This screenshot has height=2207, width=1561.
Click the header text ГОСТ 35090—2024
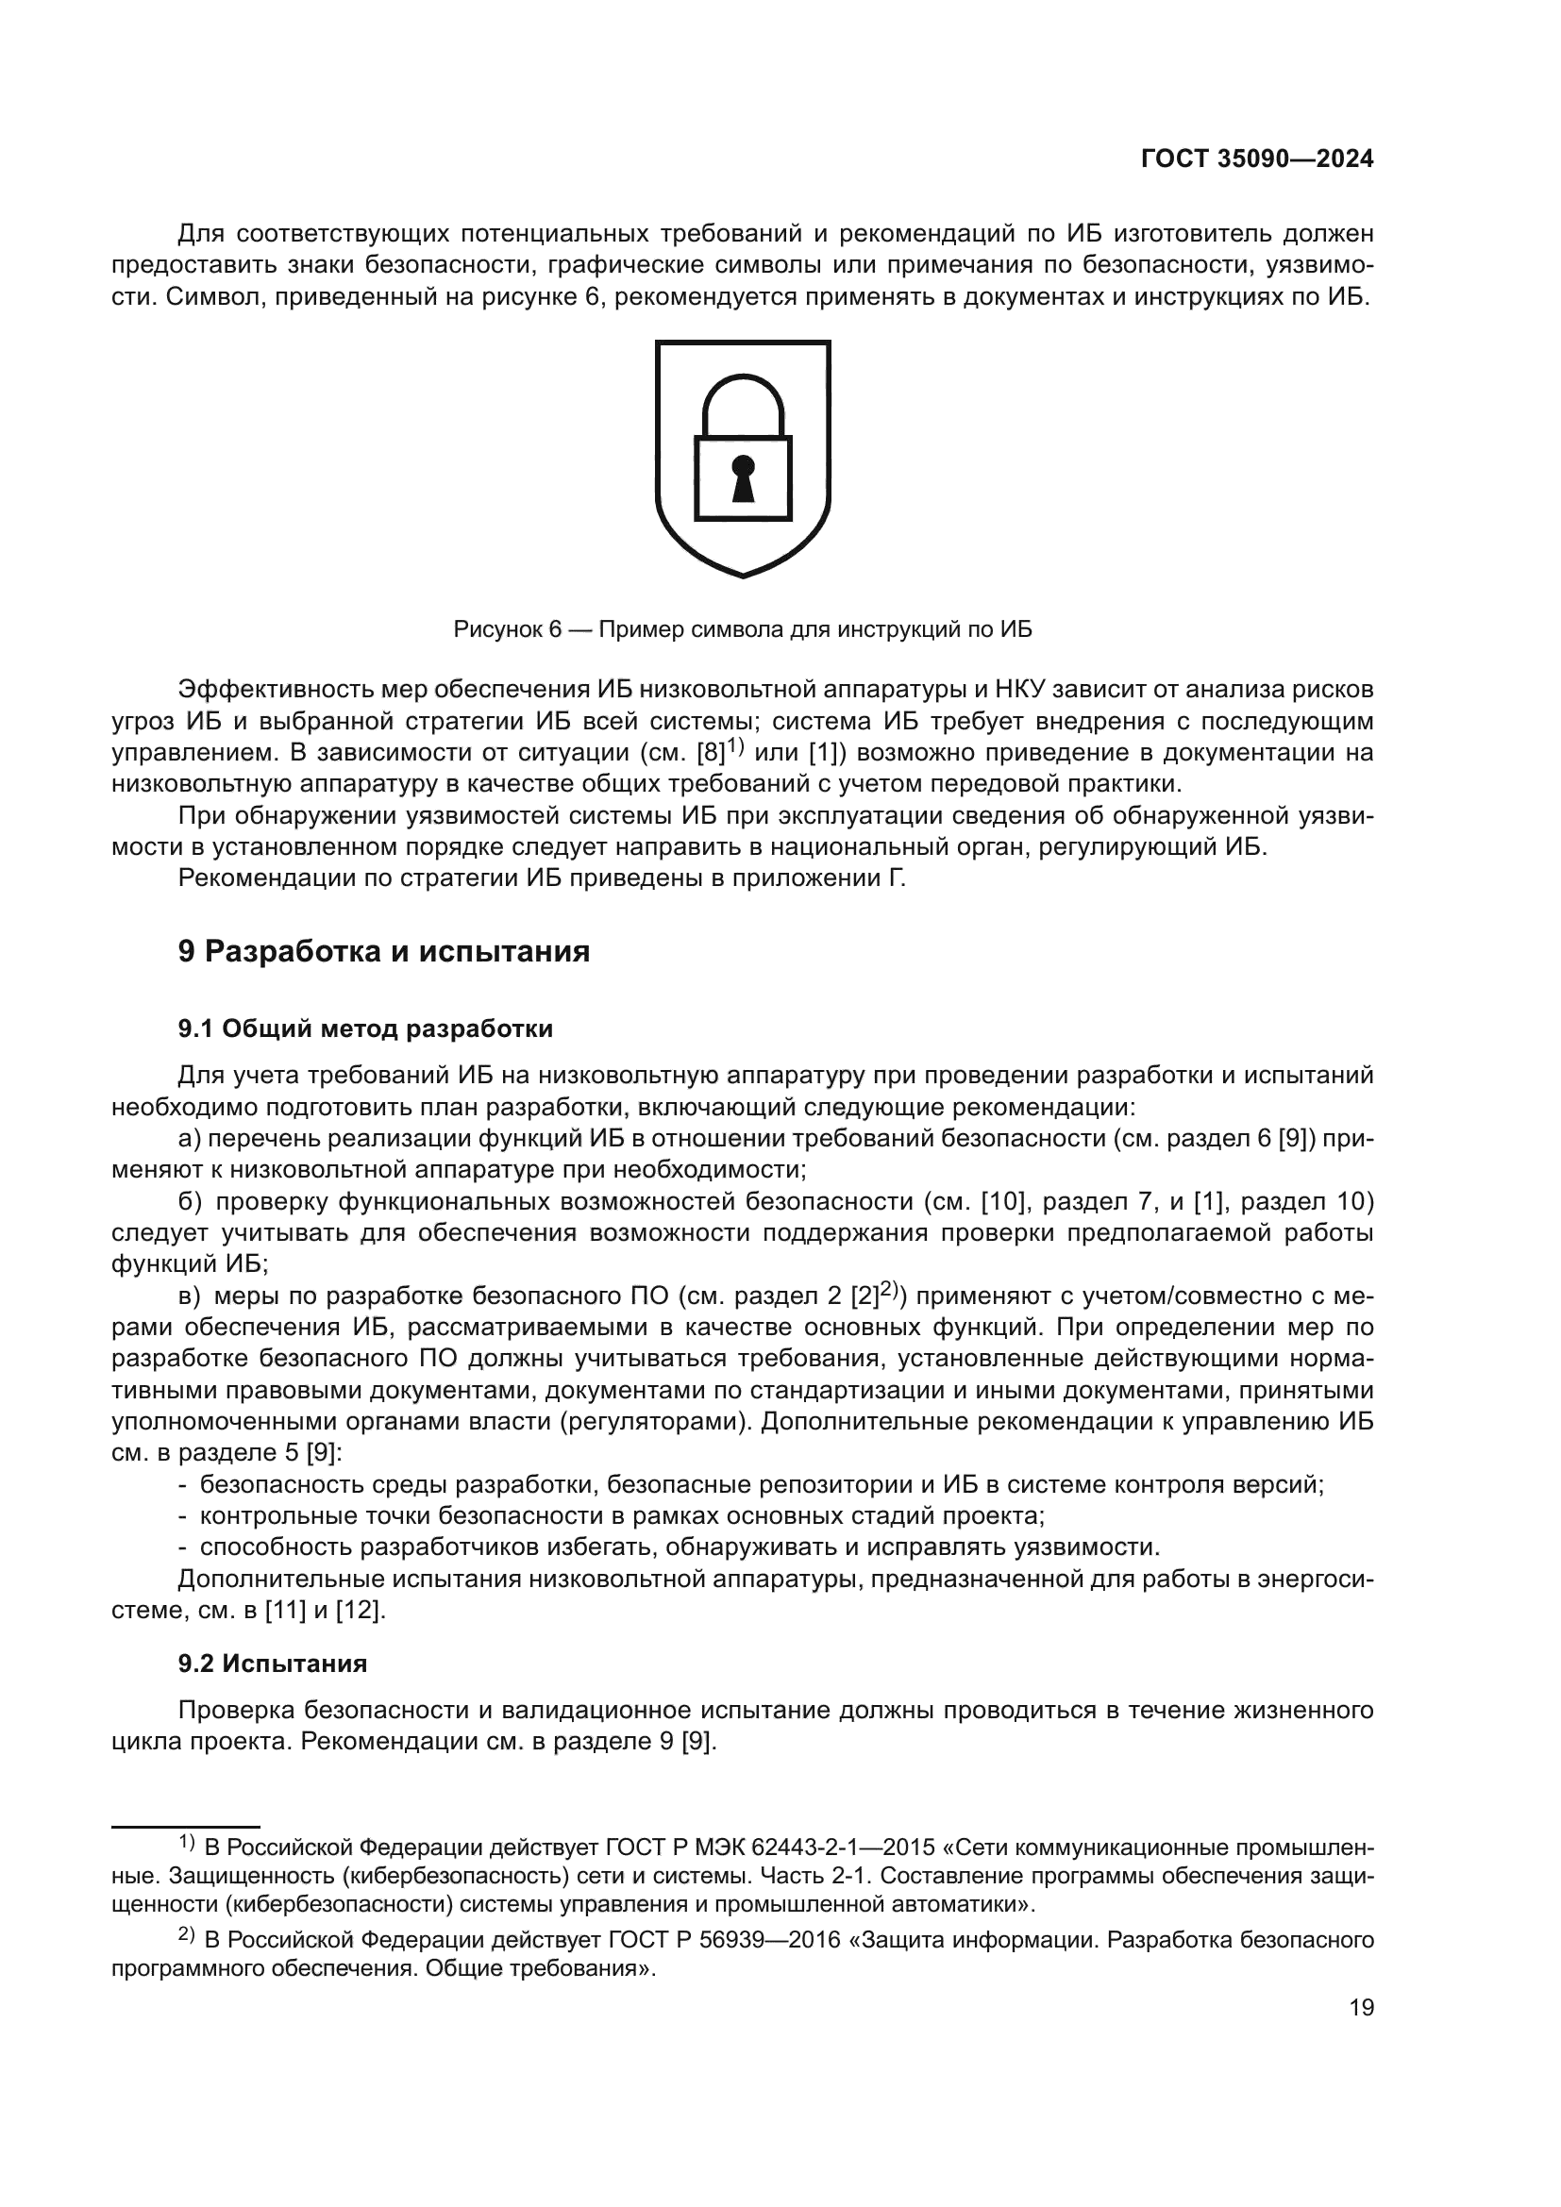1256,159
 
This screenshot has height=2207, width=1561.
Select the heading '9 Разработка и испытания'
383,952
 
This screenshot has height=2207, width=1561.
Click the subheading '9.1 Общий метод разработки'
365,1028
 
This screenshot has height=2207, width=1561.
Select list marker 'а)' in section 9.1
190,1139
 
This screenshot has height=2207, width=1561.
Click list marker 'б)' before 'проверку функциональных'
190,1201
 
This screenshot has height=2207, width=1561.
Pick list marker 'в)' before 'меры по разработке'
190,1296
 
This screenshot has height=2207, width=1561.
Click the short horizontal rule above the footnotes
186,1826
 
